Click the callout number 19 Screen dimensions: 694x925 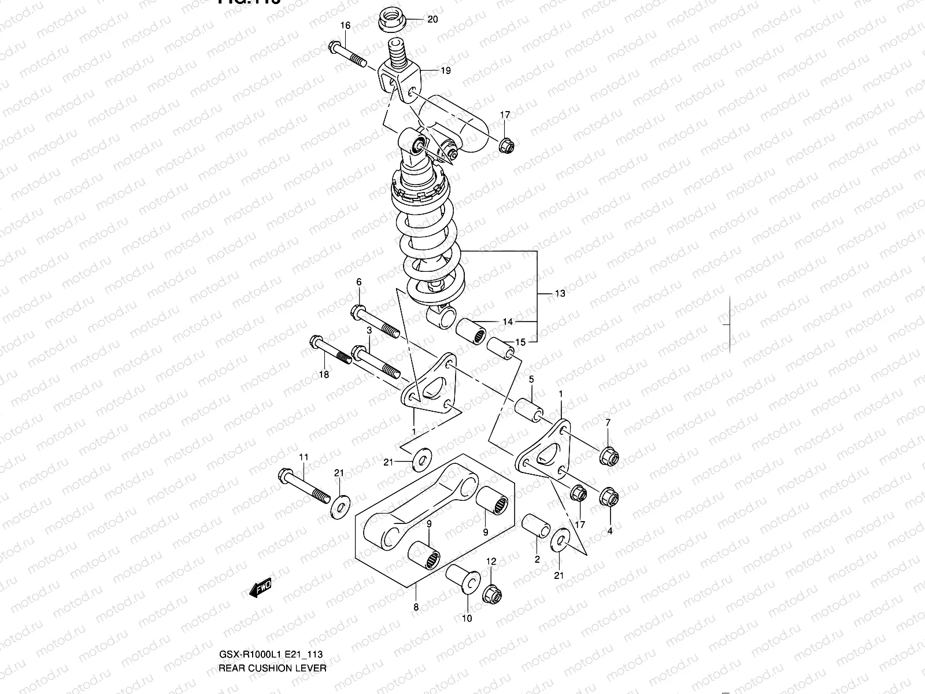[x=445, y=71]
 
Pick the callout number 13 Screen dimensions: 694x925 [x=560, y=293]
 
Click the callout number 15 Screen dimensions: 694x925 [x=520, y=342]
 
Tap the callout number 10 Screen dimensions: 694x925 [x=467, y=618]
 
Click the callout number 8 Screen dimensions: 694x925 [x=416, y=607]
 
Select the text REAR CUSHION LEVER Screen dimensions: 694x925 [x=272, y=668]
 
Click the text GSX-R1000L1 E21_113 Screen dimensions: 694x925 [x=270, y=655]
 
